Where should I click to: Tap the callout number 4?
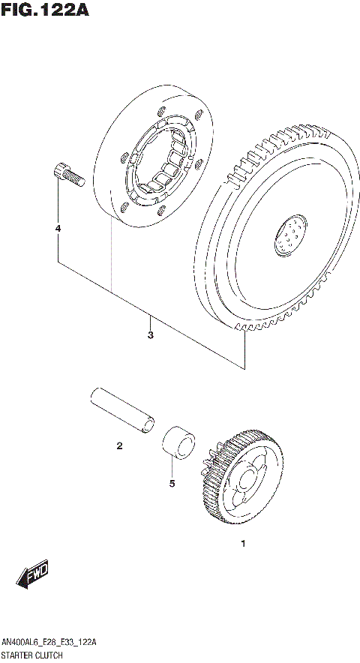point(57,227)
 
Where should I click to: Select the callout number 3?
point(150,334)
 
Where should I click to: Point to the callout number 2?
point(118,447)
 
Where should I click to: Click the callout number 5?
point(172,484)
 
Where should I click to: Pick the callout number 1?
point(242,542)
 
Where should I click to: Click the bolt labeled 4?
point(66,175)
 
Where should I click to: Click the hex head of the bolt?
point(59,172)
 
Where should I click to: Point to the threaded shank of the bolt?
point(73,178)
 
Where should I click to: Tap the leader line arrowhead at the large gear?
point(245,335)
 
